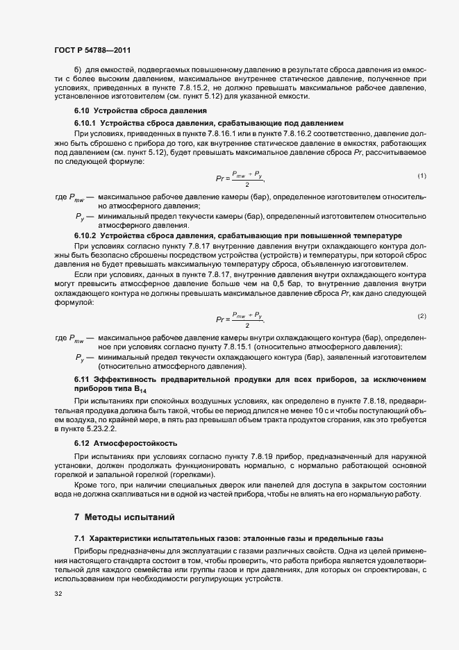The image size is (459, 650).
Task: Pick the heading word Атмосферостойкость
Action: point(135,442)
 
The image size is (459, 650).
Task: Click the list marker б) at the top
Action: point(77,72)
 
